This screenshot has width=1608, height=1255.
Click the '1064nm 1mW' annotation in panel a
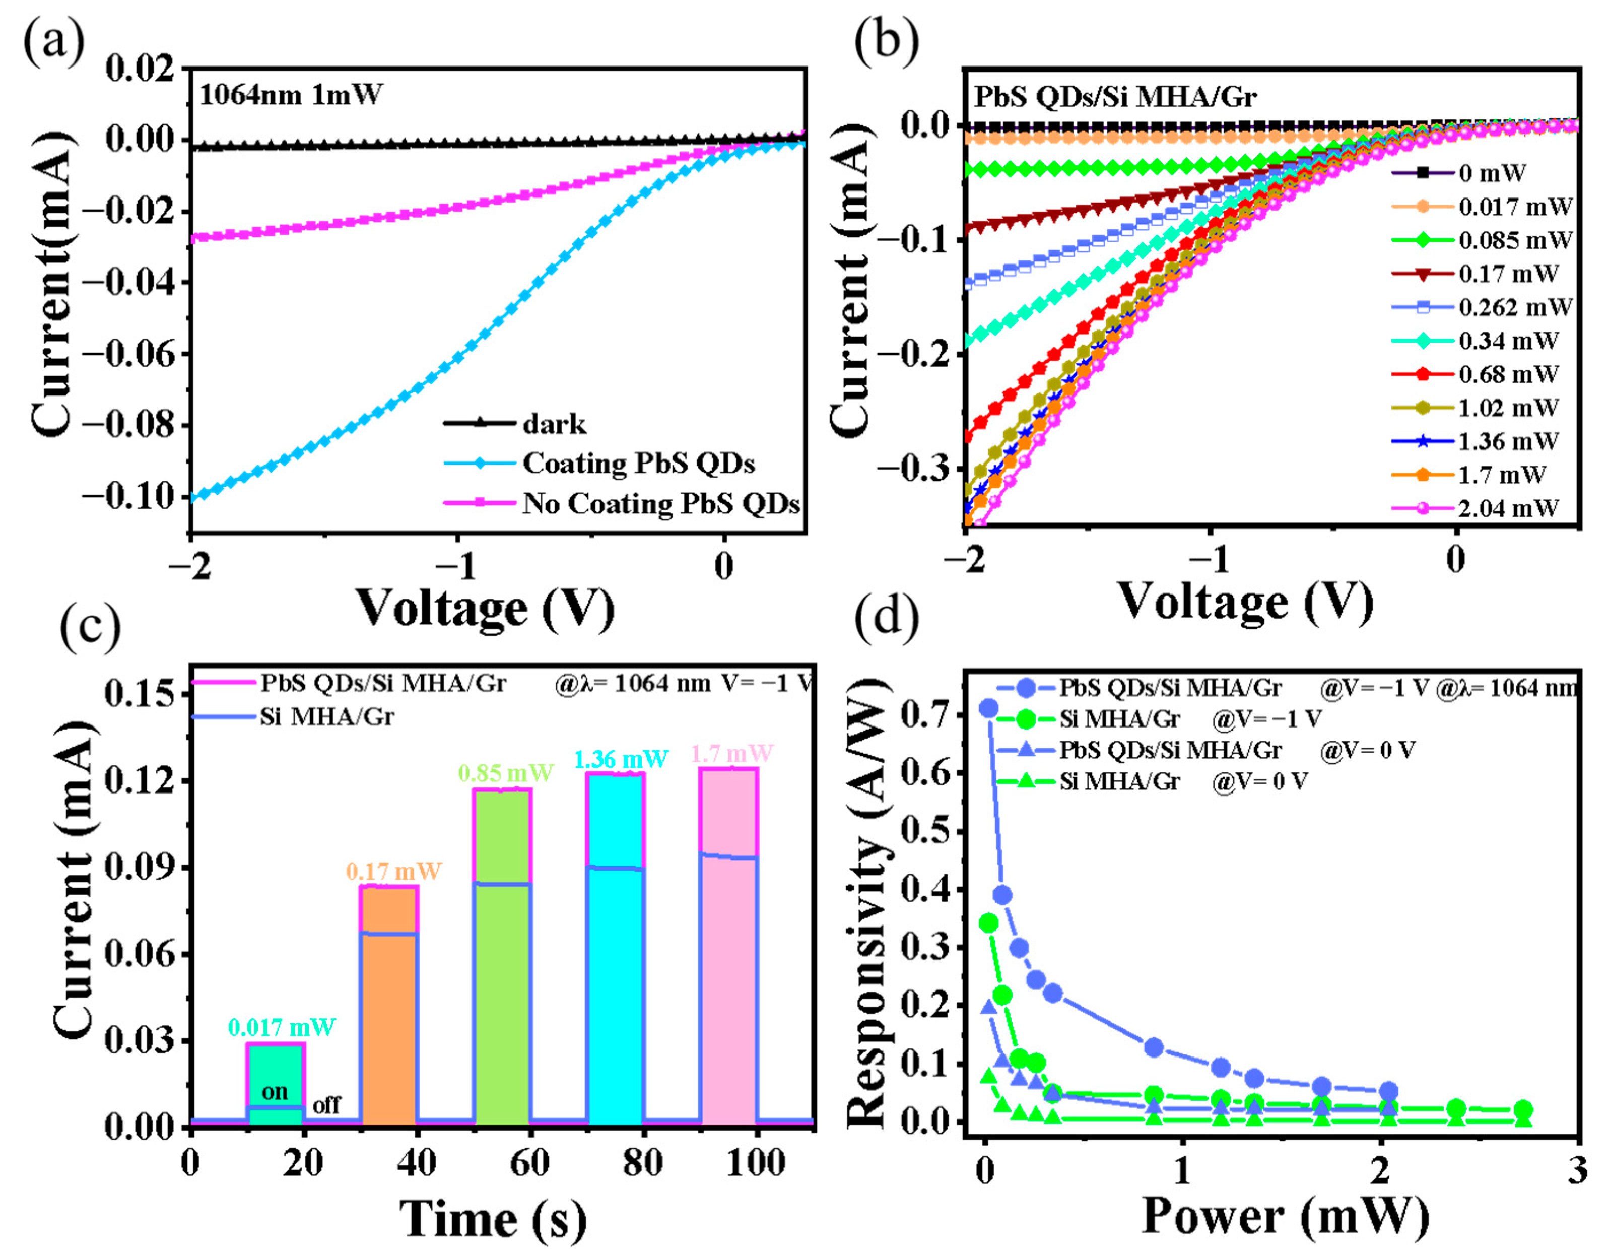pyautogui.click(x=291, y=95)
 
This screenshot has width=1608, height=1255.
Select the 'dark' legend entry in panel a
pyautogui.click(x=554, y=425)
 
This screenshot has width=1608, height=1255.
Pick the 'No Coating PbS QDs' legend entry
pyautogui.click(x=660, y=504)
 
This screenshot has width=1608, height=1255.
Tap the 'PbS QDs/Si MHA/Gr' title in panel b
pyautogui.click(x=1115, y=97)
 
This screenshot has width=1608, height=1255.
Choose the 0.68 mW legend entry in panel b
pyautogui.click(x=1508, y=374)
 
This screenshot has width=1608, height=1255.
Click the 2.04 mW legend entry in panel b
pyautogui.click(x=1508, y=508)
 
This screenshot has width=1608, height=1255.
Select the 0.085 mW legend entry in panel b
pyautogui.click(x=1514, y=240)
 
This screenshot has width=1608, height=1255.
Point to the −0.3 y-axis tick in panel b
pyautogui.click(x=911, y=469)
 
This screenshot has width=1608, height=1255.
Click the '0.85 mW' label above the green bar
pyautogui.click(x=505, y=772)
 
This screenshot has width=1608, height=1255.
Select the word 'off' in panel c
pyautogui.click(x=327, y=1105)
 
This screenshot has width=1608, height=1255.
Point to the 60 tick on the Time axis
pyautogui.click(x=529, y=1163)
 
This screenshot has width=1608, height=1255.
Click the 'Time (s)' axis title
pyautogui.click(x=493, y=1219)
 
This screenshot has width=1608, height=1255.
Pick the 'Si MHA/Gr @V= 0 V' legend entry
pyautogui.click(x=1184, y=781)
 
